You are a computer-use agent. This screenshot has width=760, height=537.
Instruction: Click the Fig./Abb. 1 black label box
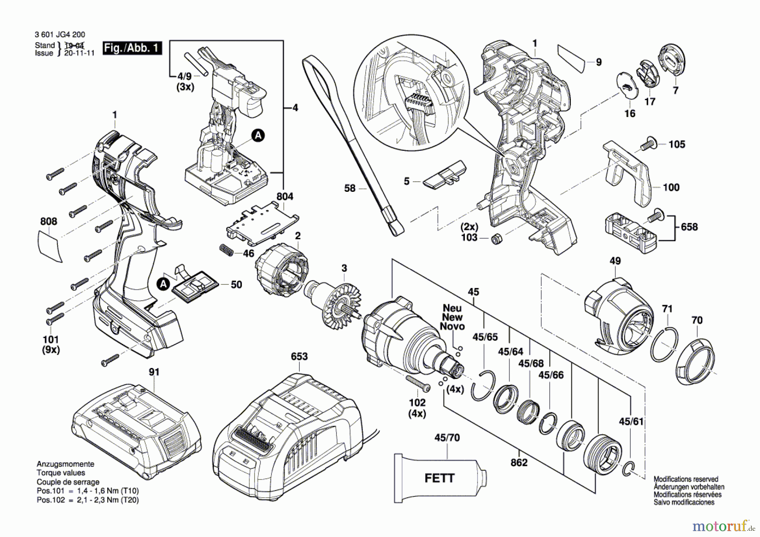pyautogui.click(x=132, y=48)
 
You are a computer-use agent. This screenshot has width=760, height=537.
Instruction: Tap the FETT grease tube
pyautogui.click(x=440, y=478)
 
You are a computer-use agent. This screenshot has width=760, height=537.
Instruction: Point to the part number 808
pyautogui.click(x=49, y=221)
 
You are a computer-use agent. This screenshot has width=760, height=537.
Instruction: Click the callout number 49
pyautogui.click(x=615, y=261)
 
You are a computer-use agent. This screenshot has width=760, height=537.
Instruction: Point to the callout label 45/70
pyautogui.click(x=447, y=438)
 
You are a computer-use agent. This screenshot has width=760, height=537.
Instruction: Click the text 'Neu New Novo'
pyautogui.click(x=452, y=317)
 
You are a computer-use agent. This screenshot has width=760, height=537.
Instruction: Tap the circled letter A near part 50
pyautogui.click(x=163, y=284)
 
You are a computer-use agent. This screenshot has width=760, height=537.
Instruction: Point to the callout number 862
pyautogui.click(x=519, y=463)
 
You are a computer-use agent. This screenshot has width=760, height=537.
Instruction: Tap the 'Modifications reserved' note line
pyautogui.click(x=686, y=479)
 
